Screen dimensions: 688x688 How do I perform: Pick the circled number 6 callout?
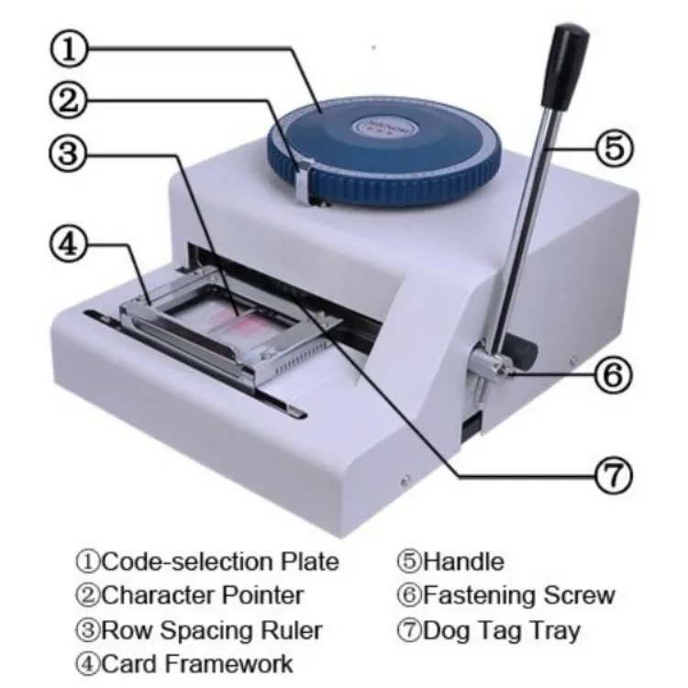click(x=614, y=373)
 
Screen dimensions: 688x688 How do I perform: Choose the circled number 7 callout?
click(x=612, y=473)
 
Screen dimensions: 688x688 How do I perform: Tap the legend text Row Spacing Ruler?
click(x=199, y=630)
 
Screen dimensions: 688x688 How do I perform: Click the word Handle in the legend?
click(x=462, y=561)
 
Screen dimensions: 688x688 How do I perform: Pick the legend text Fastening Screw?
click(x=505, y=595)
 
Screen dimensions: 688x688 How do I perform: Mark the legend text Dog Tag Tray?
click(x=488, y=630)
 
